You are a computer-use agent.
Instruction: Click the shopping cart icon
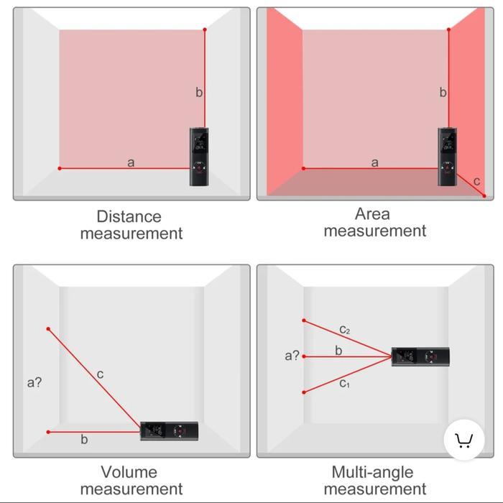(463, 440)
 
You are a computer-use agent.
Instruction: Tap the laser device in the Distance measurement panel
(200, 157)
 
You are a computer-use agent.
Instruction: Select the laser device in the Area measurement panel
(447, 157)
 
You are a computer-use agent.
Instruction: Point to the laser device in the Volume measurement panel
(169, 431)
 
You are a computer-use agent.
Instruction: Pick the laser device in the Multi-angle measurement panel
(420, 356)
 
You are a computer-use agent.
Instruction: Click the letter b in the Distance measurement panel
(199, 92)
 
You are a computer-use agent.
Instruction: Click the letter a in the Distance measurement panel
(131, 162)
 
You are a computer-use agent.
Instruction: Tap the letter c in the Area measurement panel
(476, 181)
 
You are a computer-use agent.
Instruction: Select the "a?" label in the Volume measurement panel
(34, 382)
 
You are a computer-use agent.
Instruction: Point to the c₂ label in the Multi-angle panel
(345, 330)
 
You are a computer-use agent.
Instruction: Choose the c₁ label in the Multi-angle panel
(345, 384)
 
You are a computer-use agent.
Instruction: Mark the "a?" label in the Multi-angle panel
(292, 355)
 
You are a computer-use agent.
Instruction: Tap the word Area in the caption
(372, 213)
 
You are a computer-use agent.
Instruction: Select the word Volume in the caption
(129, 472)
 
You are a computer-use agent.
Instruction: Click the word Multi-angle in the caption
(372, 472)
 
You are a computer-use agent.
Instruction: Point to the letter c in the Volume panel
(100, 374)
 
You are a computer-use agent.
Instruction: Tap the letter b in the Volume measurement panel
(84, 439)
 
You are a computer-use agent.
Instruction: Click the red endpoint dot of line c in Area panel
(484, 195)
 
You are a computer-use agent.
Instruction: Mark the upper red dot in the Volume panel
(48, 329)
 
